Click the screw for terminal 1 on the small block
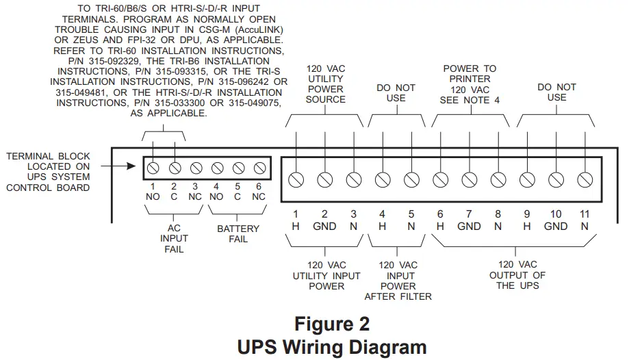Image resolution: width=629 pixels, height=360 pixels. (x=154, y=167)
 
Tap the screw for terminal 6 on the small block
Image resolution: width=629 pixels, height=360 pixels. (x=259, y=167)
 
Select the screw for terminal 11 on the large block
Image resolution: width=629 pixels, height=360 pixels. (x=584, y=179)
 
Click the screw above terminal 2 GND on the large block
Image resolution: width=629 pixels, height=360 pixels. (x=324, y=179)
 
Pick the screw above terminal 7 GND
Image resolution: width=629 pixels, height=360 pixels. (x=469, y=179)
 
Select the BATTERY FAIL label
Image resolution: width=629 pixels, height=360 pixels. (x=238, y=233)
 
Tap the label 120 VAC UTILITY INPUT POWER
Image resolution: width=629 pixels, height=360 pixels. (x=326, y=275)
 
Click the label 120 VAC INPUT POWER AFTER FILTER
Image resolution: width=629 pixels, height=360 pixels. (x=398, y=281)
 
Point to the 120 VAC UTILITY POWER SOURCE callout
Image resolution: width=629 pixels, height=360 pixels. (x=325, y=84)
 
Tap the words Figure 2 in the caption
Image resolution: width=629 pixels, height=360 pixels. (x=331, y=323)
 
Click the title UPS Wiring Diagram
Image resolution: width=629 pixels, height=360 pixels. (x=331, y=346)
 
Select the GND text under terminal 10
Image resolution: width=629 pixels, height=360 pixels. (x=555, y=227)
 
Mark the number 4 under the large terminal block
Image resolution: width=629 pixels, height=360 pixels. (x=382, y=214)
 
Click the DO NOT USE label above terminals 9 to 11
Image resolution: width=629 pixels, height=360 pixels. (x=556, y=92)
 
